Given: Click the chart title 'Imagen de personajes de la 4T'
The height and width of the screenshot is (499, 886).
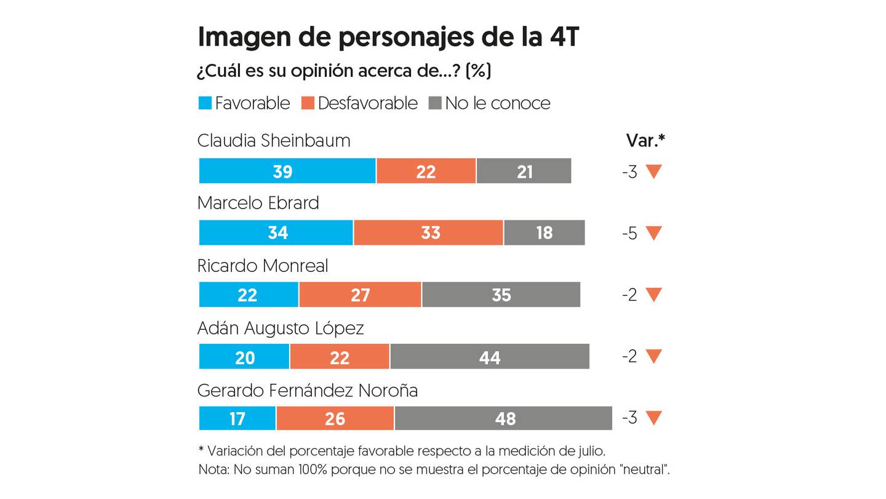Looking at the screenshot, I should click(388, 38).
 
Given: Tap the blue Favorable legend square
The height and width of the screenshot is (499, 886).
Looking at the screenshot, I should click(205, 103).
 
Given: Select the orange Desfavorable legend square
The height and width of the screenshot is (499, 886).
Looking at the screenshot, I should click(308, 103).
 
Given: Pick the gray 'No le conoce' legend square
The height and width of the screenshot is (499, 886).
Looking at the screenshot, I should click(435, 103).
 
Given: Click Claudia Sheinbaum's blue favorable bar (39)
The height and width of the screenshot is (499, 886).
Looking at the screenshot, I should click(287, 171).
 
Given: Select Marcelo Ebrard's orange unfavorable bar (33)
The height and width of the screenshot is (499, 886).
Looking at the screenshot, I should click(428, 233).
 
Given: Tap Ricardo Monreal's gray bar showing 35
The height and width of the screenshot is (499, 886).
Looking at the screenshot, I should click(501, 295).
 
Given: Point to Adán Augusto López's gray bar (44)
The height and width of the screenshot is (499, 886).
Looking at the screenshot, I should click(489, 357).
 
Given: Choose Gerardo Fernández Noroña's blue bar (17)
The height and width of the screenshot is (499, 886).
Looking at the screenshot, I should click(237, 418).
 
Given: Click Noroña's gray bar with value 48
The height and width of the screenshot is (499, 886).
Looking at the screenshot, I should click(503, 418).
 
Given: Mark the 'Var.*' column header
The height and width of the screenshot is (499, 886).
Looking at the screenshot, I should click(645, 141).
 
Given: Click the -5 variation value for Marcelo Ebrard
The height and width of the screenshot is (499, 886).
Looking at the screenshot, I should click(629, 233).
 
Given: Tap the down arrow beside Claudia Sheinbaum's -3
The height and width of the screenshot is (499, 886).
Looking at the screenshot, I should click(653, 172).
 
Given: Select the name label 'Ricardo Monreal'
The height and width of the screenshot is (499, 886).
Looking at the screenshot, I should click(263, 266).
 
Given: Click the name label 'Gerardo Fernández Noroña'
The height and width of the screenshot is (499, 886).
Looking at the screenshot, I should click(307, 390).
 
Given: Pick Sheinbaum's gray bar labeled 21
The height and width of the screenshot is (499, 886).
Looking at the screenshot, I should click(524, 171).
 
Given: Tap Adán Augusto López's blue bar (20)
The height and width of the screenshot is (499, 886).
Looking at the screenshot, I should click(244, 357).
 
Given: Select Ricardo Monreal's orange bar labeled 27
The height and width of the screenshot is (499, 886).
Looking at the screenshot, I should click(360, 295).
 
